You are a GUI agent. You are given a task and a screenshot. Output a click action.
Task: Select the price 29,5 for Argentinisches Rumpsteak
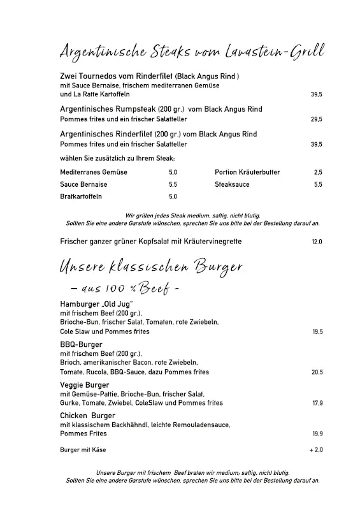click(x=316, y=119)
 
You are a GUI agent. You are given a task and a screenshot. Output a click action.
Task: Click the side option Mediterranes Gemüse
click(x=94, y=172)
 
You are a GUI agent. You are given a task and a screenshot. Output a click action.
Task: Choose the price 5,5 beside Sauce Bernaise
click(x=173, y=184)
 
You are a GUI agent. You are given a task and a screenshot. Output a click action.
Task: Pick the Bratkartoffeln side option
click(x=82, y=197)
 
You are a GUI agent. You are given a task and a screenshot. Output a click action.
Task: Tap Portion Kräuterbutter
click(x=247, y=172)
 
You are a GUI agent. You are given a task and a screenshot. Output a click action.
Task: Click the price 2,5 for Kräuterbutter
click(x=318, y=172)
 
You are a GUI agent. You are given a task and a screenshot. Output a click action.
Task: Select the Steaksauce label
click(x=232, y=184)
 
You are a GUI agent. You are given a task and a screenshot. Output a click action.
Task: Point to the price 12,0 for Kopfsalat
click(x=317, y=242)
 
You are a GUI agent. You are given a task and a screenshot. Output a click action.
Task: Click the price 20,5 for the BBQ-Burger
click(x=317, y=372)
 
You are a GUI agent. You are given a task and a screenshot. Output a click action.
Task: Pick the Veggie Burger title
click(x=85, y=385)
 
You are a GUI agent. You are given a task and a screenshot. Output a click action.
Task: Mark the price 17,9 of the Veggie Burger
click(x=317, y=404)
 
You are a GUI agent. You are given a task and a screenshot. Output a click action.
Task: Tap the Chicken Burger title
click(x=87, y=415)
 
